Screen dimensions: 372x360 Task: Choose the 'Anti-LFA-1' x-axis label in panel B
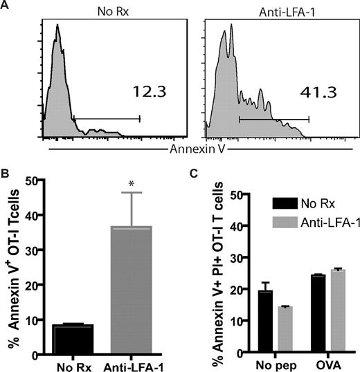(x=130, y=364)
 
